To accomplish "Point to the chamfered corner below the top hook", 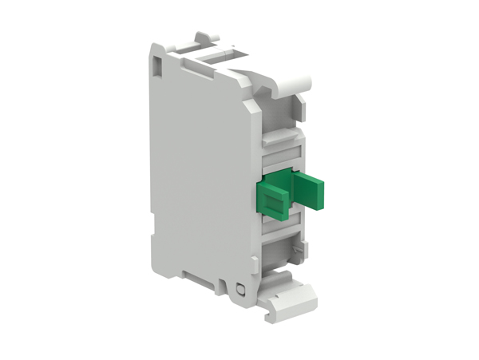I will coord(303,100).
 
